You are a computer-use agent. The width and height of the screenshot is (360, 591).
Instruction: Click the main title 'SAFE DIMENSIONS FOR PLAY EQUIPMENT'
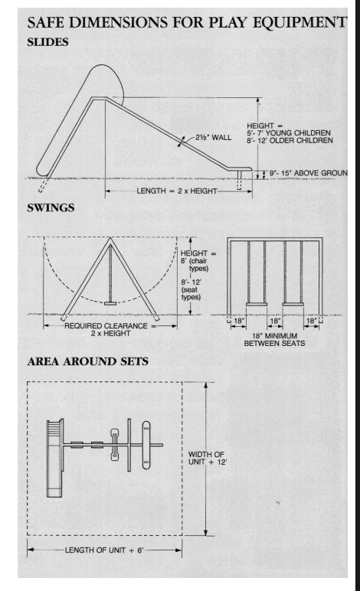(x=186, y=22)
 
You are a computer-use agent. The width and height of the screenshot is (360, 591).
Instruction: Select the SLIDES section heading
(x=47, y=42)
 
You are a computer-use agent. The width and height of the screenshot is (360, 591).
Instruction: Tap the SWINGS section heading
(x=51, y=207)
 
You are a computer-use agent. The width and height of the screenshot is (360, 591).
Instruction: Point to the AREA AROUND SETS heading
(x=87, y=361)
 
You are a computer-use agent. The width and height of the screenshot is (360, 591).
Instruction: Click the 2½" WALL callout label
(x=213, y=137)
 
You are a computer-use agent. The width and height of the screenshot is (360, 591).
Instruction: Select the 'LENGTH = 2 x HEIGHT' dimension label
(x=177, y=191)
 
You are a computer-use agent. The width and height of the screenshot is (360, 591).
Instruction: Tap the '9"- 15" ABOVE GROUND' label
(x=308, y=173)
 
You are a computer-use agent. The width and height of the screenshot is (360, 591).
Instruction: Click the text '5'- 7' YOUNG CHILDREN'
(x=288, y=132)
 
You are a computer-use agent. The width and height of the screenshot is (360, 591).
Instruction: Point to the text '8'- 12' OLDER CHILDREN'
(x=290, y=140)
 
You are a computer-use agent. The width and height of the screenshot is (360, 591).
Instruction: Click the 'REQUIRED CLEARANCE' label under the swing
(x=106, y=325)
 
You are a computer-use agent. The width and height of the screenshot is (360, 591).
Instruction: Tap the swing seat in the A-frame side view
(x=110, y=303)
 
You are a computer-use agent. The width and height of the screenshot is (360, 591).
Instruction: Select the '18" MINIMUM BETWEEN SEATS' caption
(x=274, y=340)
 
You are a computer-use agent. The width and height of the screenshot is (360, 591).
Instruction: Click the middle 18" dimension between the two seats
(x=275, y=321)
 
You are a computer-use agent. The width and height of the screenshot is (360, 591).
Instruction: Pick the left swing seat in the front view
(x=257, y=304)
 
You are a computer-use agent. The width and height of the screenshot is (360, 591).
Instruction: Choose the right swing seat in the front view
(x=293, y=304)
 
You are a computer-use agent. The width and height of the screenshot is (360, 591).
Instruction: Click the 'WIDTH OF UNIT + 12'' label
(x=208, y=459)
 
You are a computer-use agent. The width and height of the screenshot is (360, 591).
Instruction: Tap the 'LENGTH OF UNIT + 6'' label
(x=104, y=550)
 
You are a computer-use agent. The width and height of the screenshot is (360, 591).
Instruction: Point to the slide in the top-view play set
(x=55, y=459)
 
